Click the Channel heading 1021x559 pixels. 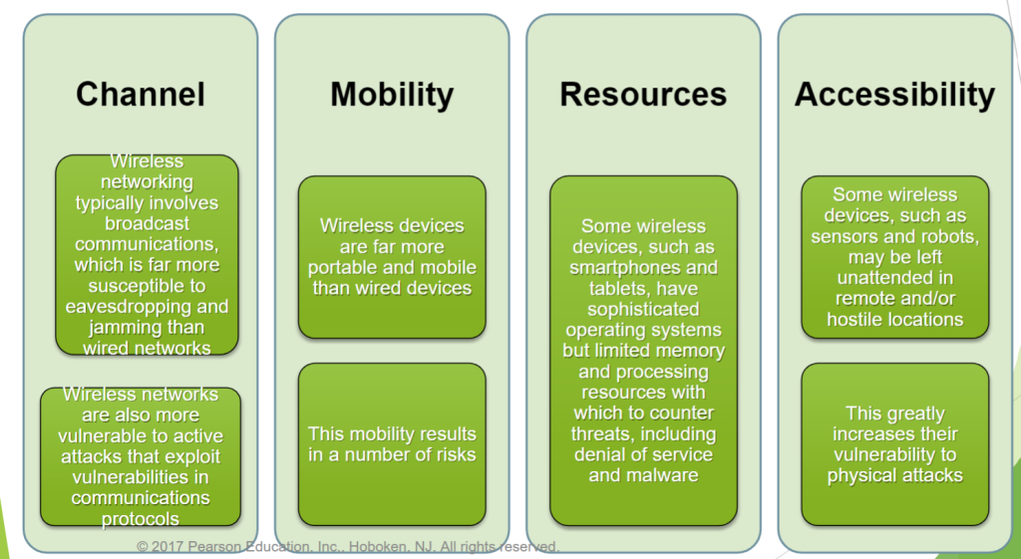pyautogui.click(x=141, y=94)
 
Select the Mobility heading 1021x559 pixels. pyautogui.click(x=392, y=94)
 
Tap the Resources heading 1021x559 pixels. pyautogui.click(x=643, y=94)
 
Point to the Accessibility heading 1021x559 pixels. pyautogui.click(x=894, y=94)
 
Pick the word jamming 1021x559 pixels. pyautogui.click(x=107, y=327)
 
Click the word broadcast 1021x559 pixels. pyautogui.click(x=148, y=223)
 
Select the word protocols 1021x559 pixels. pyautogui.click(x=142, y=518)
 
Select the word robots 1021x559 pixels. pyautogui.click(x=947, y=236)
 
